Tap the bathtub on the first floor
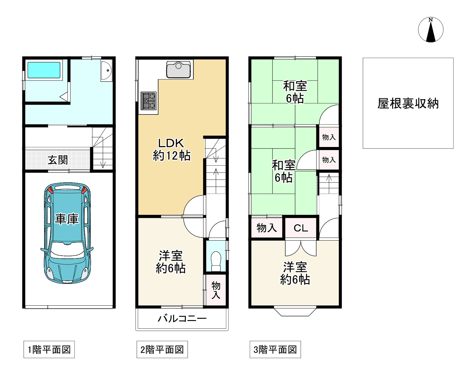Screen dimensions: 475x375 [44, 70]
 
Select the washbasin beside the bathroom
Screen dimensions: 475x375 [106, 70]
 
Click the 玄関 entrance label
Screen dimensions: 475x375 [58, 160]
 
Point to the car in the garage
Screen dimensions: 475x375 [67, 233]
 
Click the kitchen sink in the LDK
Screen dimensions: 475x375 [178, 69]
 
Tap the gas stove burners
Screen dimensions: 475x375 [149, 101]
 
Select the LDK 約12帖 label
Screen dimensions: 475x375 [172, 149]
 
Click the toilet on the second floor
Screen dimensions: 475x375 [216, 261]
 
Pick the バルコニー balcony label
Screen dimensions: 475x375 [182, 319]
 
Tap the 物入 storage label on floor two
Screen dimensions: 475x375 [216, 290]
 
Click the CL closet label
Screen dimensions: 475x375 [301, 228]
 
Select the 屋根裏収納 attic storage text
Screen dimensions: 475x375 [408, 103]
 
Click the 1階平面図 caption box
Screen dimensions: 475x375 [49, 350]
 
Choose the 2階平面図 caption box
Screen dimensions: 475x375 [162, 350]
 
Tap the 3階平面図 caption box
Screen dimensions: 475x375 [275, 350]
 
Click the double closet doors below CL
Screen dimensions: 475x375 [301, 248]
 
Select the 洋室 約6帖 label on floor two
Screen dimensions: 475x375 [171, 262]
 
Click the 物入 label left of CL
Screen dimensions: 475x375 [267, 228]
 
